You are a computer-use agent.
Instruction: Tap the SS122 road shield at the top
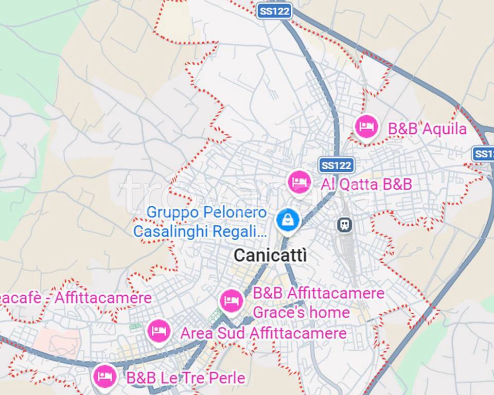click(274, 11)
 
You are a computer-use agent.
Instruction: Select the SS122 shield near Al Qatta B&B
click(337, 165)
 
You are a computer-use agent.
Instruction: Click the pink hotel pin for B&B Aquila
click(367, 126)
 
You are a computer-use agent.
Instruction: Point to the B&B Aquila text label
click(427, 129)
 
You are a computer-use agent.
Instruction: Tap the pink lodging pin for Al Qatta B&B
click(299, 182)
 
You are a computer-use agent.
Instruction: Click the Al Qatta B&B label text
click(366, 184)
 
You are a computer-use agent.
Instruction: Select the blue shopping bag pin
click(288, 220)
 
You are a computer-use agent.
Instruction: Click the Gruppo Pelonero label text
click(207, 212)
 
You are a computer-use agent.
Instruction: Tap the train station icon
click(344, 224)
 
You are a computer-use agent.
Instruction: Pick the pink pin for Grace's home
click(232, 301)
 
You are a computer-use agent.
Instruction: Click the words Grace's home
click(301, 312)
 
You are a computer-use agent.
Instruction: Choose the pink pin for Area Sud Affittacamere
click(159, 331)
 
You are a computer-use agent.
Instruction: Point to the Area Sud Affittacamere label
click(263, 333)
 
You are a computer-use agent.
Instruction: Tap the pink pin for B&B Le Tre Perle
click(105, 376)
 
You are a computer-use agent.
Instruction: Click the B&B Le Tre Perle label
click(186, 379)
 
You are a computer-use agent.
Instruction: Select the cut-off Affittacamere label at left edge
click(76, 298)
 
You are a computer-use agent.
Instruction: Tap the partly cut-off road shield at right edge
click(484, 154)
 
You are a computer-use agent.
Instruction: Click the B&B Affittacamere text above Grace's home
click(319, 293)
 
